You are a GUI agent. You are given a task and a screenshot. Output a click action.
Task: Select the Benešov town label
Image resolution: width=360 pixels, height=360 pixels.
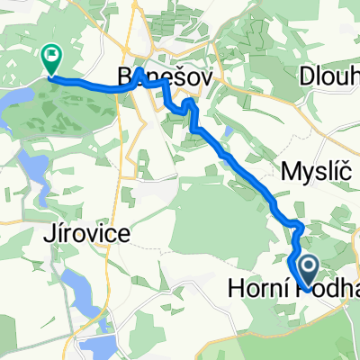pyautogui.click(x=166, y=77)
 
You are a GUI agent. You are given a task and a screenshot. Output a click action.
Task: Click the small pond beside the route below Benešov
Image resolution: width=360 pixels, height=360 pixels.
pyautogui.click(x=226, y=132)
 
